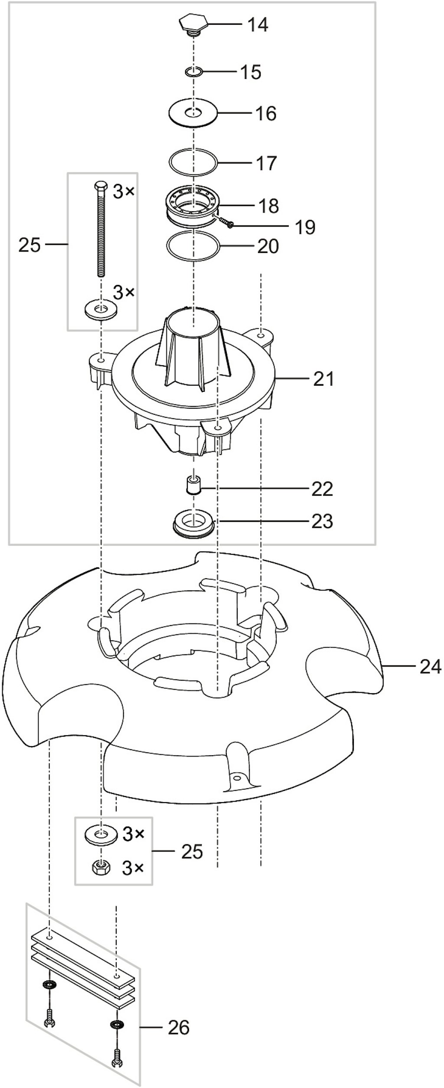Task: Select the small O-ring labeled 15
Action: tap(193, 72)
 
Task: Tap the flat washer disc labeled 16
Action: tap(193, 113)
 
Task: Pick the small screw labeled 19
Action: tap(225, 222)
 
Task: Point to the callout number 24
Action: tap(430, 666)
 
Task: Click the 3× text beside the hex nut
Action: tap(133, 868)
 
